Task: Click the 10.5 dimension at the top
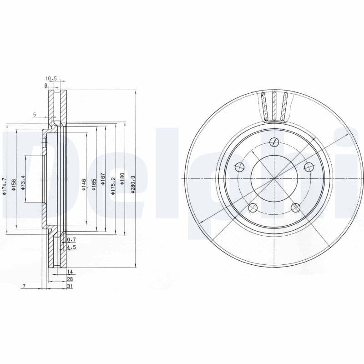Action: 51,79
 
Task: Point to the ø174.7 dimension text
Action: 4,186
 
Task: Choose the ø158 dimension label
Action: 14,184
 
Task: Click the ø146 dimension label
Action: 84,184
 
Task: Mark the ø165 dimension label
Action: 94,184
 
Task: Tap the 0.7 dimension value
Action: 71,239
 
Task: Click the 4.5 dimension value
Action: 71,247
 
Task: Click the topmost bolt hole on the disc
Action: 273,142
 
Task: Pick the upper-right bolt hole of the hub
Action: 308,166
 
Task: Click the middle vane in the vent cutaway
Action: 274,106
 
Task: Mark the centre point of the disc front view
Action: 274,178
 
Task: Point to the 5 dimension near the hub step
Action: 34,115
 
